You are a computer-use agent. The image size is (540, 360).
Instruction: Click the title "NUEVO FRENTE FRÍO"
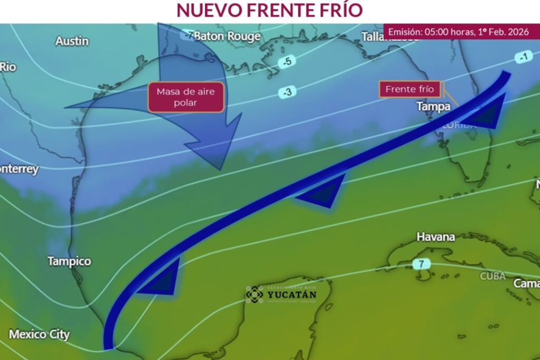coord(269,10)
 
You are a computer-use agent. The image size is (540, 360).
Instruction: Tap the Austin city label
coord(72,41)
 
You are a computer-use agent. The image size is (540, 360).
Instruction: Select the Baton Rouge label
coord(227,36)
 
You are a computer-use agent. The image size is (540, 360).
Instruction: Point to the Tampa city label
coord(433,106)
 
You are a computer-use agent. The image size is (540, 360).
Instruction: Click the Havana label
coord(436,237)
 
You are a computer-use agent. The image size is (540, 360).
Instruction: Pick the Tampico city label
coord(69,261)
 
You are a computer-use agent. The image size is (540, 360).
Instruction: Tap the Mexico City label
coord(39,334)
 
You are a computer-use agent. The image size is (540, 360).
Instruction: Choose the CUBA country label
coord(493,276)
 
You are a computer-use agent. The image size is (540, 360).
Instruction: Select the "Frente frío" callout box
coord(410,89)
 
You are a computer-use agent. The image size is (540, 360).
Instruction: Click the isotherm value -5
coord(287,61)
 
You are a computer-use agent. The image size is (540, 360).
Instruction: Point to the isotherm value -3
coord(287,92)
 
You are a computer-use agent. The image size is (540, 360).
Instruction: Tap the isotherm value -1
coord(523,57)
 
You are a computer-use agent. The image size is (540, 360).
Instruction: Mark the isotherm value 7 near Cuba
coord(421,264)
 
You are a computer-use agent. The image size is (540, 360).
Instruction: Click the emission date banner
coord(458,32)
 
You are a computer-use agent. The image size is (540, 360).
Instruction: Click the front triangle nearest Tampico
coord(163,280)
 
